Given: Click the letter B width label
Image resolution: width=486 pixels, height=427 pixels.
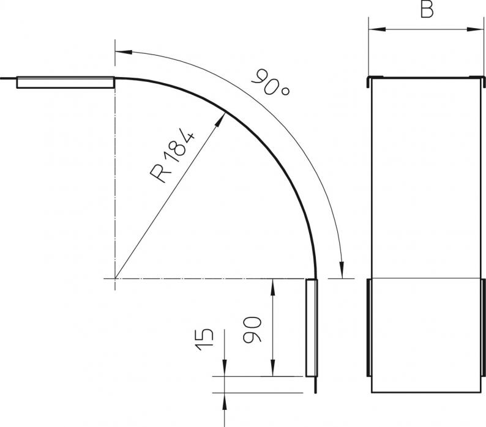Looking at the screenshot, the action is point(427,9).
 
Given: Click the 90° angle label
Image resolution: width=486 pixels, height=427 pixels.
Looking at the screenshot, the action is point(271,83).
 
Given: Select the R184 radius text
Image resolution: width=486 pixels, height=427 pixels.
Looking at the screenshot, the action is point(173,157).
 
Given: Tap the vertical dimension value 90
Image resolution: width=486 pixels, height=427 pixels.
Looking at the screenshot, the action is point(252,329).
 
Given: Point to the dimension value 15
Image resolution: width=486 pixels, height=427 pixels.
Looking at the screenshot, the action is point(204,340).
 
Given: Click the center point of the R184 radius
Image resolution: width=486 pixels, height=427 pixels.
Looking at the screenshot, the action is point(115,278).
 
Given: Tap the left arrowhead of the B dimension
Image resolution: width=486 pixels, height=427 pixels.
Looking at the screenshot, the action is point(377,29).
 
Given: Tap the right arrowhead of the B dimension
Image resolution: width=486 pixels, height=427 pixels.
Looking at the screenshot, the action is point(475,29).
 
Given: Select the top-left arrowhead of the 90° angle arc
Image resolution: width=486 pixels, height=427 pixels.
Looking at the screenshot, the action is point(124,51).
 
